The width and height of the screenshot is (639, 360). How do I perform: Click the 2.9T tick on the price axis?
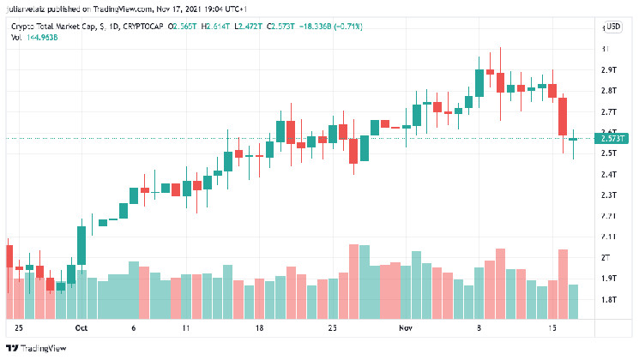tap(610, 69)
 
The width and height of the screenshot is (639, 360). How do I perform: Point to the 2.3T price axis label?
tap(610, 195)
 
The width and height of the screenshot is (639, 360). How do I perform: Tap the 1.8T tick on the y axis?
tap(610, 299)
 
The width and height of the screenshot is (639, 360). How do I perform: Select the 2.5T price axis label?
tap(610, 153)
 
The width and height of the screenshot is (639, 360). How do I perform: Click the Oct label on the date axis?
tap(82, 328)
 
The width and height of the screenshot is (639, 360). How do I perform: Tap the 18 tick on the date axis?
tap(258, 328)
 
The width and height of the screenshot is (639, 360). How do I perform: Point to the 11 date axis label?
tap(185, 328)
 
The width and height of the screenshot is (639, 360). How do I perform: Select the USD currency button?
tap(613, 27)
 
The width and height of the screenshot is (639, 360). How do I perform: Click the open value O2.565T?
tap(184, 27)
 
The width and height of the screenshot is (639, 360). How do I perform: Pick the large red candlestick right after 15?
tap(564, 117)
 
